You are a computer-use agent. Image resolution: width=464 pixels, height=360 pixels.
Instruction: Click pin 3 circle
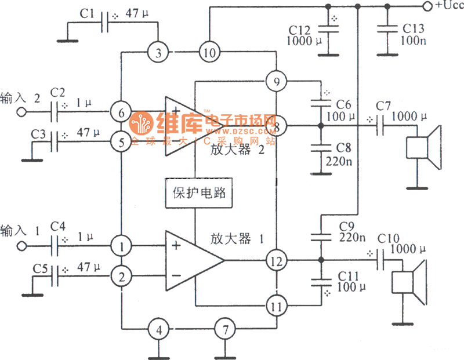[158, 53]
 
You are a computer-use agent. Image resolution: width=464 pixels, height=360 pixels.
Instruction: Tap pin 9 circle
[276, 81]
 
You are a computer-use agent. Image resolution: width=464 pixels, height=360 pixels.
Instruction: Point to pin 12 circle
[277, 261]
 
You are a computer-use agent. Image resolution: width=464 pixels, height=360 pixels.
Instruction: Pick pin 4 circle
[158, 330]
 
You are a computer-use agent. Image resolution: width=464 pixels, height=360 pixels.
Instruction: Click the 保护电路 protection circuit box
[200, 193]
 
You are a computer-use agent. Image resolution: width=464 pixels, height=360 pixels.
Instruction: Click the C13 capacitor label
[413, 28]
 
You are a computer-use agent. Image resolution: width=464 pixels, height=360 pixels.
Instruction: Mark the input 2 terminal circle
[23, 112]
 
